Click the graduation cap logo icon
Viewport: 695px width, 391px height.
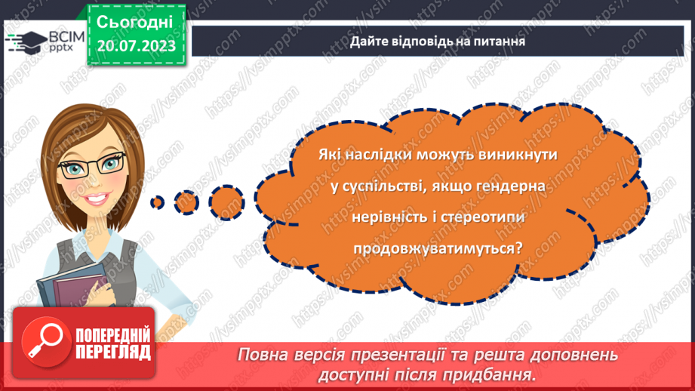pyautogui.click(x=23, y=40)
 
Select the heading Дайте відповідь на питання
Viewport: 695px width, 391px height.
pyautogui.click(x=437, y=41)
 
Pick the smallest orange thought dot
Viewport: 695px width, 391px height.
pyautogui.click(x=157, y=202)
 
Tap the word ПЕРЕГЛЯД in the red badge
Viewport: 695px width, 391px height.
pyautogui.click(x=113, y=351)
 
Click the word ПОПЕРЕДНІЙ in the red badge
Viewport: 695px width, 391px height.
pyautogui.click(x=113, y=334)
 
